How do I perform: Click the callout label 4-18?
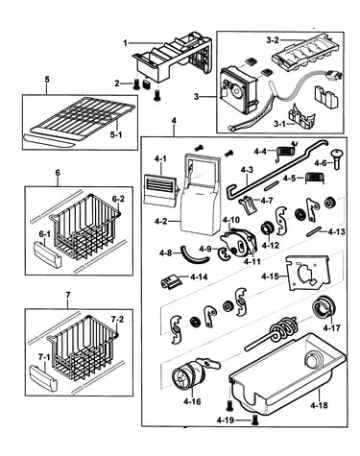click(x=319, y=405)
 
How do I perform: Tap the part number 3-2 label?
click(x=273, y=40)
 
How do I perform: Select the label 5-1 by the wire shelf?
click(x=116, y=134)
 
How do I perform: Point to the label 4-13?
click(x=337, y=231)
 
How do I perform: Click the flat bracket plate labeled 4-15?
click(x=307, y=273)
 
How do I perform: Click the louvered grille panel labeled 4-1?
click(x=160, y=190)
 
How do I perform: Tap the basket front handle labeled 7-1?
click(x=43, y=379)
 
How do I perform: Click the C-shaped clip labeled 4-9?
click(x=223, y=252)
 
